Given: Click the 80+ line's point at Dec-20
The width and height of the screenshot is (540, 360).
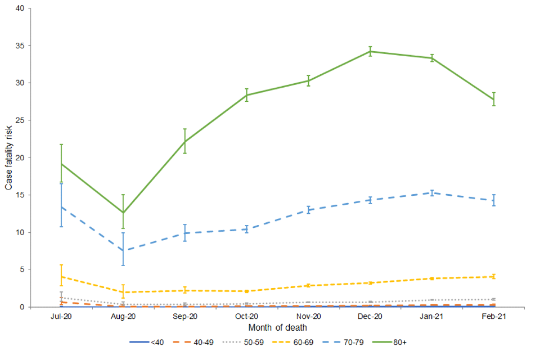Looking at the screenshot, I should coord(370,51).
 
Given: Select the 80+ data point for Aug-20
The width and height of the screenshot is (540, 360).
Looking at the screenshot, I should coord(123,213).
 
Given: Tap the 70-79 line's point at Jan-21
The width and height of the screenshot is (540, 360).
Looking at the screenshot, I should coord(432,193).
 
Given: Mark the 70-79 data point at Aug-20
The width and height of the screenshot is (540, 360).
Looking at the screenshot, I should coord(123,250).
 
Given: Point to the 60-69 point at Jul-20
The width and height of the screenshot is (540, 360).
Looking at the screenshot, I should coord(61,277).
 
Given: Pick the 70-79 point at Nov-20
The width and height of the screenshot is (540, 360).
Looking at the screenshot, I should coord(308,210).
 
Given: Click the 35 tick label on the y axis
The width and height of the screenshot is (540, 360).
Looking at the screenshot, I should coord(20,46).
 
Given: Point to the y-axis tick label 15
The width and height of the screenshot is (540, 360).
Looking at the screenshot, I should coord(20,195).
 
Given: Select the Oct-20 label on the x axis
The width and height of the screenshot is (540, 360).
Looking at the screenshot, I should coord(246,317).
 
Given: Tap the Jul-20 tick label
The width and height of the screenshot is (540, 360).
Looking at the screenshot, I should coord(61,317).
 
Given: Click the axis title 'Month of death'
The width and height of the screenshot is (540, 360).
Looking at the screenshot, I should coord(277,327).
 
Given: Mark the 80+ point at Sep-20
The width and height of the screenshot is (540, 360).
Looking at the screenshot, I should coord(184,141).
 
